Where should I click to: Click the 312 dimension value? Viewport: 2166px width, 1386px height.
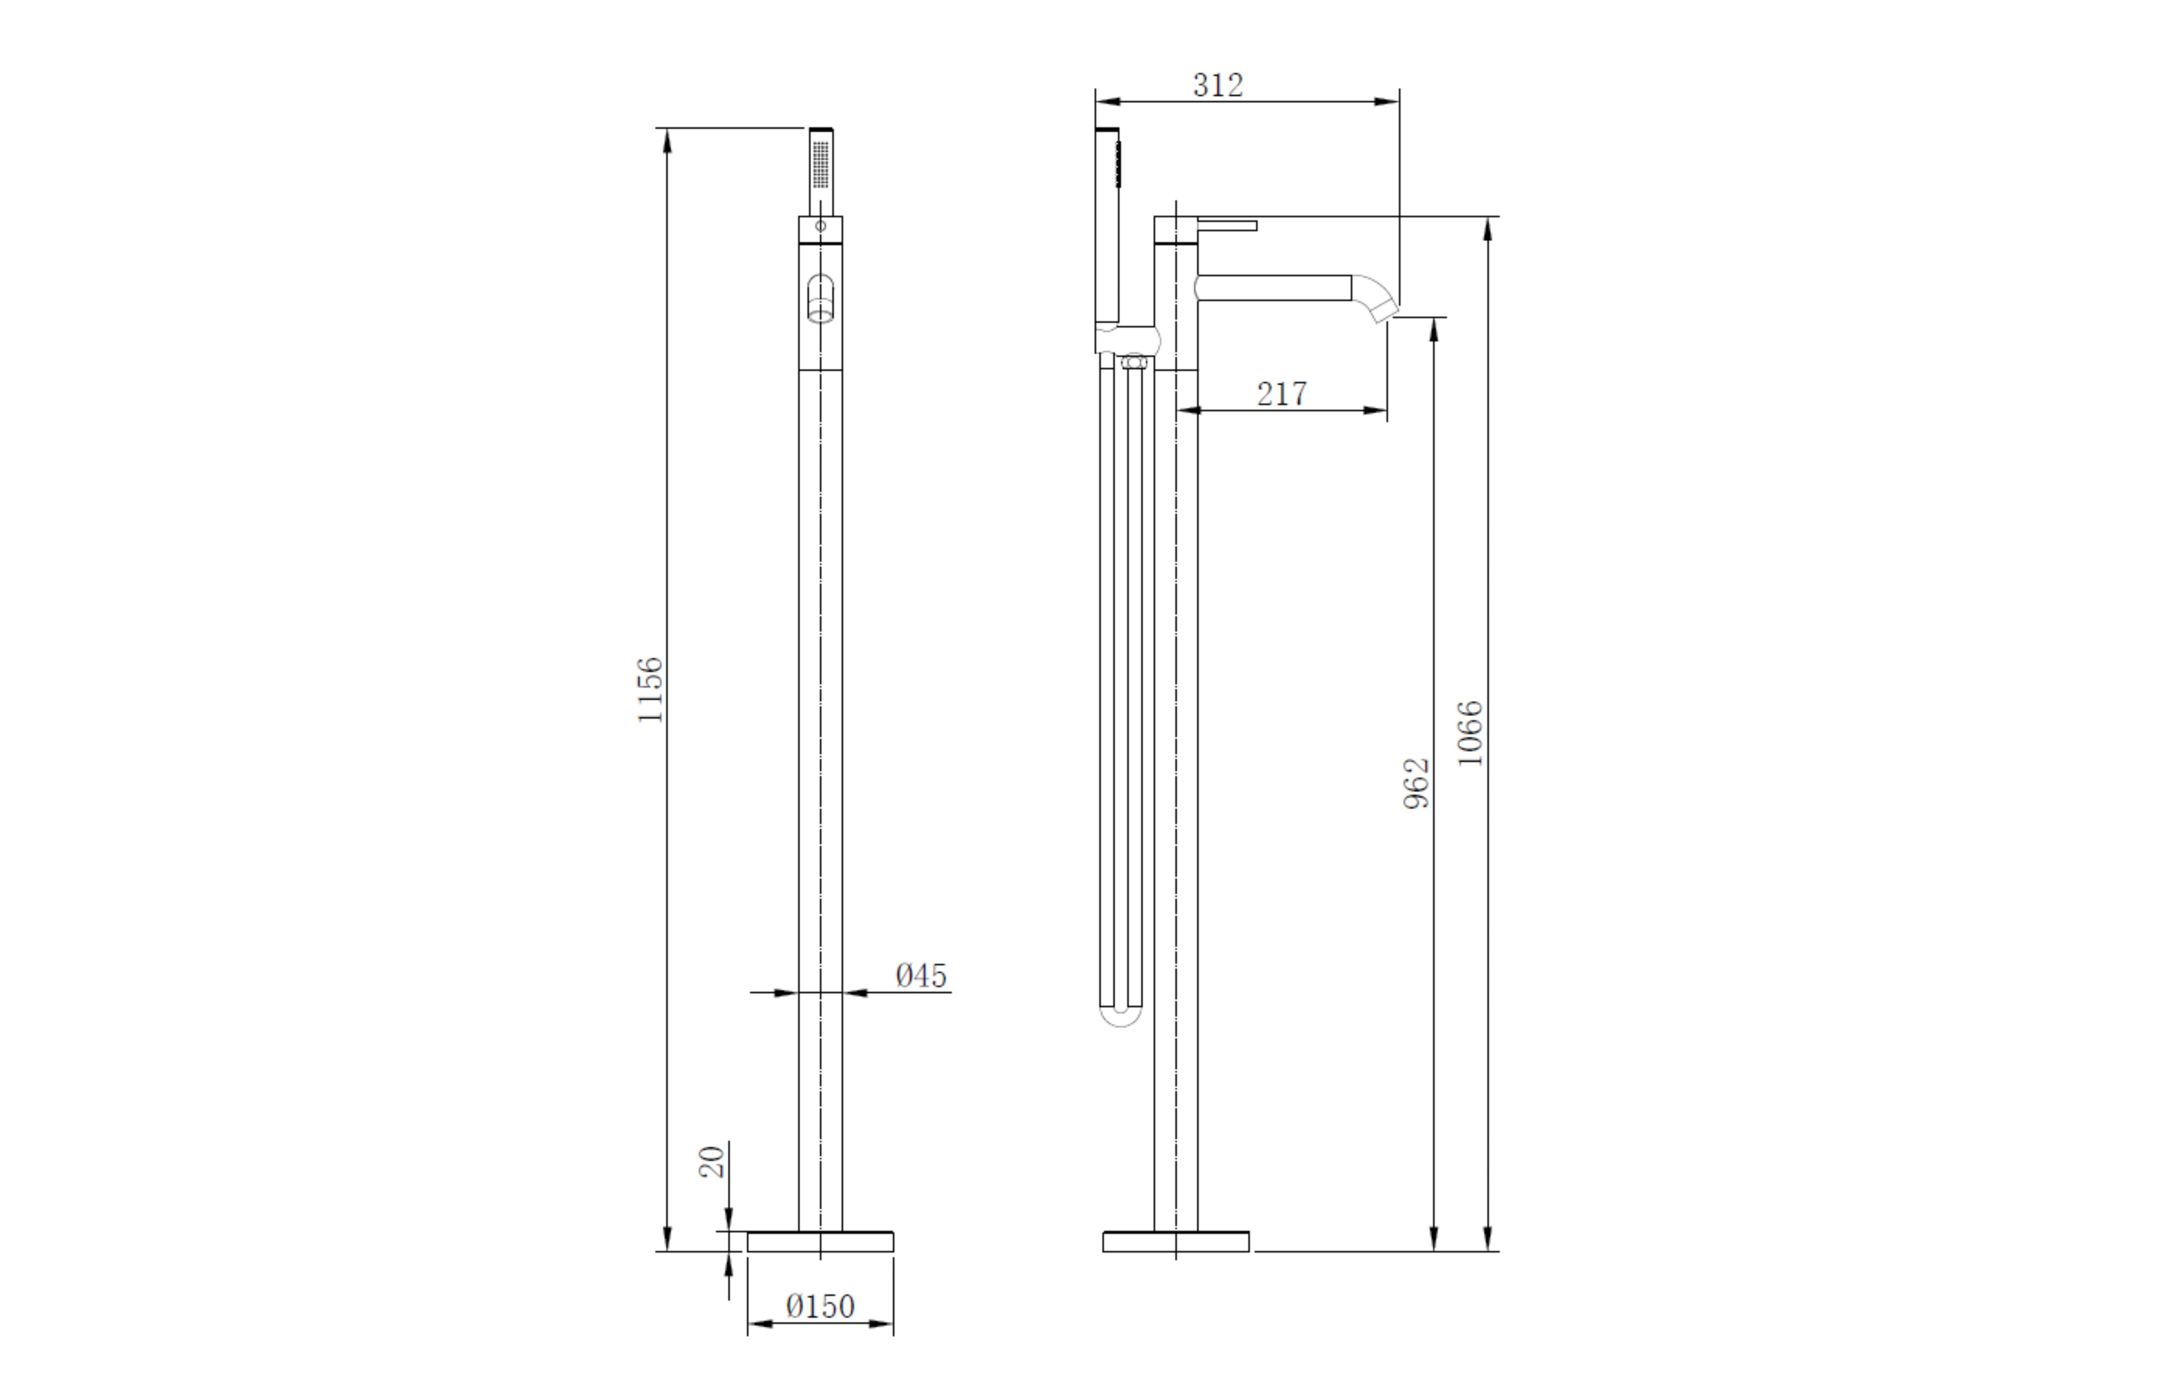(x=1217, y=86)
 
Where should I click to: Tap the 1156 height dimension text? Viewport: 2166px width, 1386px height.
(x=650, y=690)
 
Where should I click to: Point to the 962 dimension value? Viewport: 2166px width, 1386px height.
(x=1416, y=783)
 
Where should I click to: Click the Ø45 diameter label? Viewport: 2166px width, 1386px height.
(x=921, y=976)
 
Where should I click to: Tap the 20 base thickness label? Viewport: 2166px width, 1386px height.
(x=712, y=1162)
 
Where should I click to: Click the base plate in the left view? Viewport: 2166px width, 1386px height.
(x=820, y=1242)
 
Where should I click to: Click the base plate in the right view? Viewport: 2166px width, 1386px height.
(x=1176, y=1242)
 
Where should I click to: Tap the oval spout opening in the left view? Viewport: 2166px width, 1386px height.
(x=820, y=297)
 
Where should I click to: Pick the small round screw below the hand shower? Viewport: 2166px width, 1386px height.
(x=820, y=226)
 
